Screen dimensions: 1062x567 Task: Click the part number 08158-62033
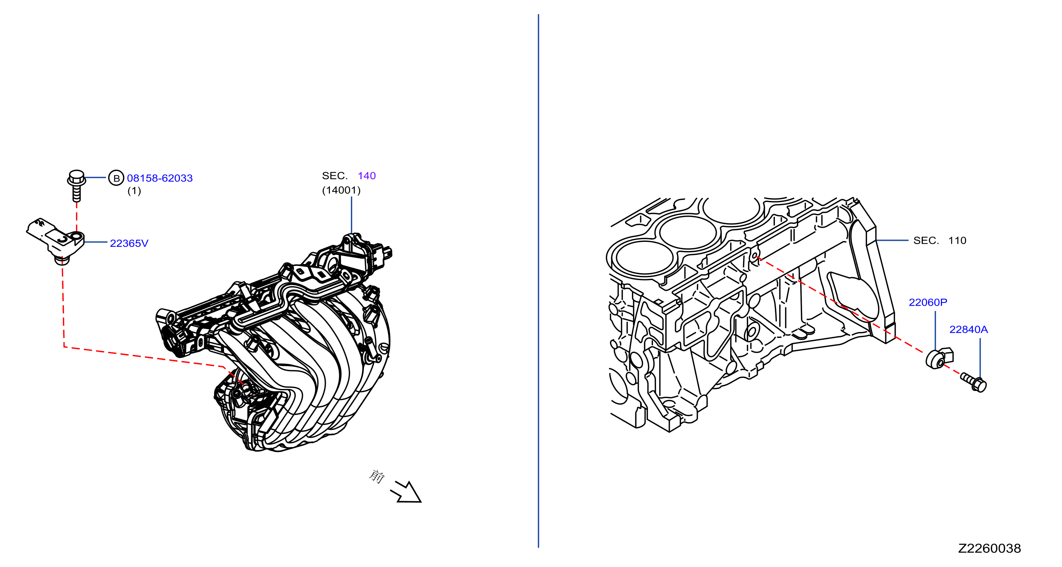(159, 178)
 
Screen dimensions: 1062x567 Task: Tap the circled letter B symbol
(116, 178)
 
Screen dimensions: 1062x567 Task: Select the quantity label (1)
(134, 191)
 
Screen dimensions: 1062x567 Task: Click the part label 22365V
(129, 243)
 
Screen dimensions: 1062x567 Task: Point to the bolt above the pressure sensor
(77, 185)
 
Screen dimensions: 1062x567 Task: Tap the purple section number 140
(367, 176)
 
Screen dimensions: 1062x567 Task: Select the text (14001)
(341, 190)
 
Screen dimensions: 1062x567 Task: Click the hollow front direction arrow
(406, 492)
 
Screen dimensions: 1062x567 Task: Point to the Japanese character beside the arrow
(377, 476)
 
